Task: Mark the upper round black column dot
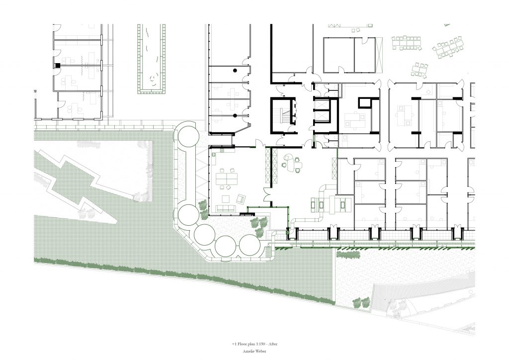(235, 70)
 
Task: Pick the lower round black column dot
(235, 115)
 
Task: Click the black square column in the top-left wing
(58, 65)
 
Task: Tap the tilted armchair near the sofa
(242, 198)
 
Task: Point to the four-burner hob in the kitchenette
(222, 150)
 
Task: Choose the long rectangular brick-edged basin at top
(152, 59)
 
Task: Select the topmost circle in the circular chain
(187, 135)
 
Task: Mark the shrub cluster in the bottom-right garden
(361, 302)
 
